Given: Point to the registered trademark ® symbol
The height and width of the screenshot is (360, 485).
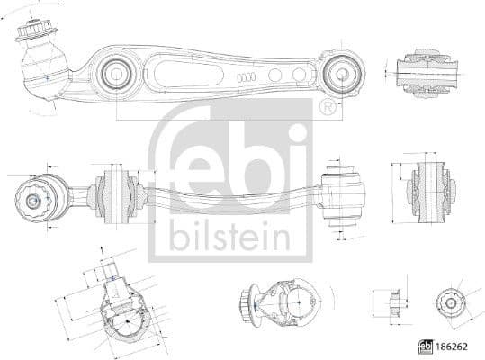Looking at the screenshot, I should tap(327, 109).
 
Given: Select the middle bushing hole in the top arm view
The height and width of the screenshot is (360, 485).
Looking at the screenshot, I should tap(117, 74).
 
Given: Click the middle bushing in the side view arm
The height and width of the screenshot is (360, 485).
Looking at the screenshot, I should tap(115, 193).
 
